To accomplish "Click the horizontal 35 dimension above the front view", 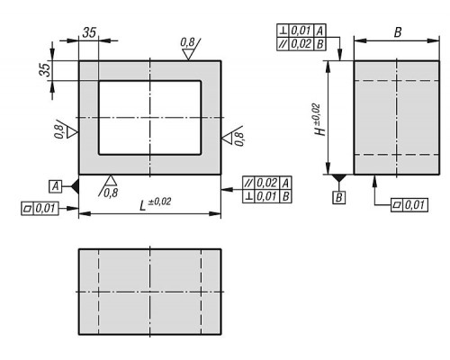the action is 89,32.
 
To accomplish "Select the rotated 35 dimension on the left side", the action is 46,70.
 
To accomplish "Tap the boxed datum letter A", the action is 56,186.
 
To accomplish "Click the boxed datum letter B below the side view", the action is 339,197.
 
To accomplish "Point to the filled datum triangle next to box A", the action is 75,186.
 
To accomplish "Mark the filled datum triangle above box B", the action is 339,178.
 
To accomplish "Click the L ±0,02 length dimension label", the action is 156,203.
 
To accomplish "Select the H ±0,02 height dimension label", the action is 319,120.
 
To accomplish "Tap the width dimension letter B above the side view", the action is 398,32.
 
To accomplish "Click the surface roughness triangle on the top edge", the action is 188,55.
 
